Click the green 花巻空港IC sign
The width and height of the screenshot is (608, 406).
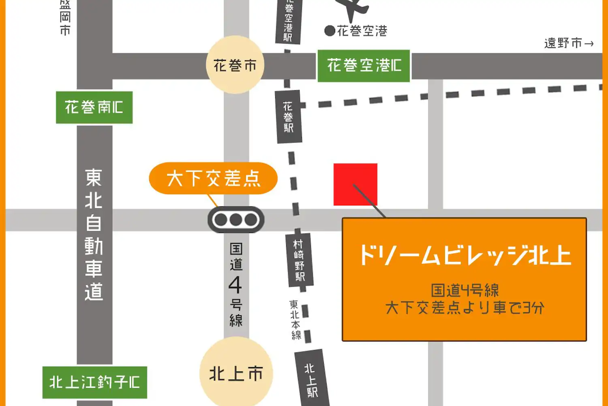(364, 66)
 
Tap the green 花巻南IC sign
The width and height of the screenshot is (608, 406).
(94, 108)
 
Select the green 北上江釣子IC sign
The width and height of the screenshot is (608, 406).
(94, 382)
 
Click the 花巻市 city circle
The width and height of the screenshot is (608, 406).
(235, 65)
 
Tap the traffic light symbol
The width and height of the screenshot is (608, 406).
(236, 220)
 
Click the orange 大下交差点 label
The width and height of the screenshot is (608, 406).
(213, 178)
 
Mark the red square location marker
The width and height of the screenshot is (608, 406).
(355, 184)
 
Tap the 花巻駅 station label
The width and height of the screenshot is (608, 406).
(288, 117)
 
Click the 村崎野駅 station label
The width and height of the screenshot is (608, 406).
(299, 260)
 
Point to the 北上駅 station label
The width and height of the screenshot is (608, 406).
(311, 380)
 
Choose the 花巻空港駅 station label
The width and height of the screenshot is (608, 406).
(288, 20)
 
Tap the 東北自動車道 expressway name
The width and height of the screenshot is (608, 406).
(94, 235)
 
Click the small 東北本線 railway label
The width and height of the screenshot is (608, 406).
(295, 320)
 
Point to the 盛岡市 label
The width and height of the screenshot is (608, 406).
(65, 17)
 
